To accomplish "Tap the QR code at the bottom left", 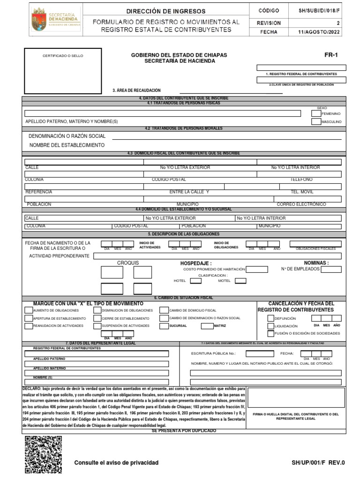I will point(43,454).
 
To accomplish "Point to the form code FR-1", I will point(331,55).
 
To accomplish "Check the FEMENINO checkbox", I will point(316,113).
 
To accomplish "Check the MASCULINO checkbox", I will point(316,122).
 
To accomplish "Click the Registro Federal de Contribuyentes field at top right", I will point(301,67).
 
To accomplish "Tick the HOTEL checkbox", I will point(195,281).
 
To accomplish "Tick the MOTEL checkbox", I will point(240,281).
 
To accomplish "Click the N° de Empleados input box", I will point(331,269).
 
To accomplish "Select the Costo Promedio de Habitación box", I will point(257,269).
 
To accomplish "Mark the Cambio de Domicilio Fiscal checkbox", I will point(164,310).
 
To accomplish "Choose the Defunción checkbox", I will point(270,318).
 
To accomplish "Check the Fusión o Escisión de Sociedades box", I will point(270,333).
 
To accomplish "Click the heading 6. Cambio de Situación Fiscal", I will point(183,298).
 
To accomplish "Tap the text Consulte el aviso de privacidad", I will point(116,463).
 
